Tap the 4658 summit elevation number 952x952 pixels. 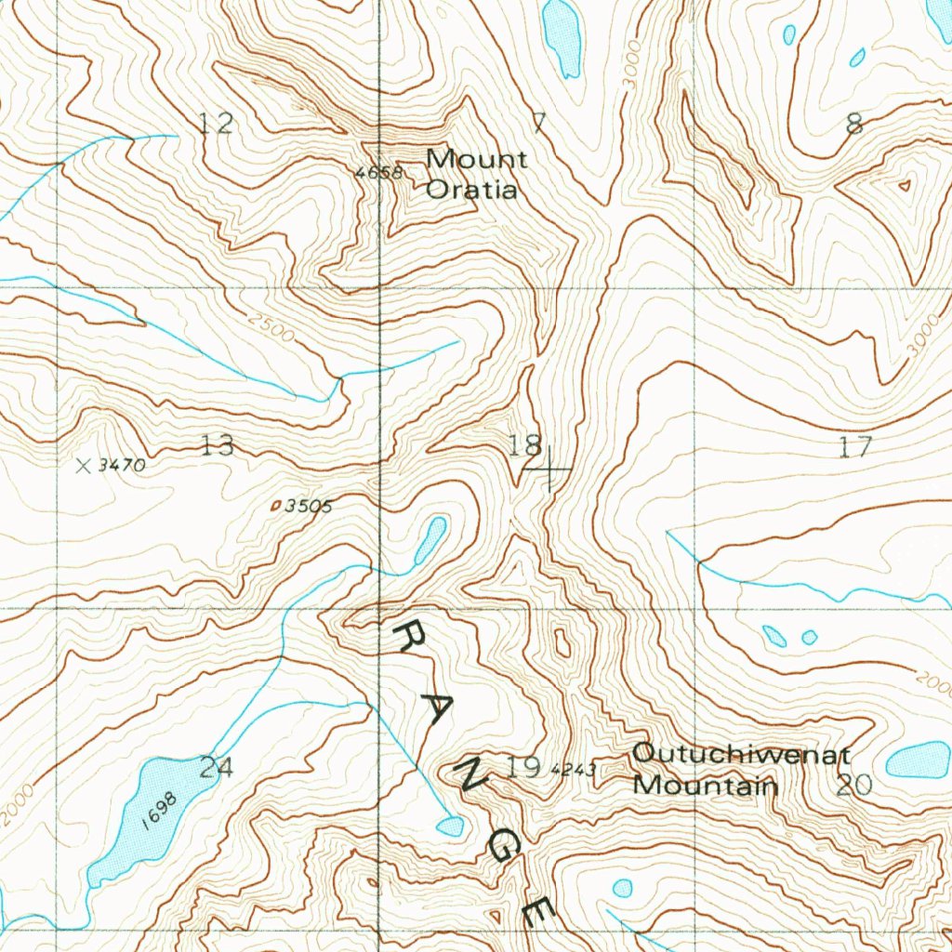coord(377,173)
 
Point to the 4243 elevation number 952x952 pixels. coord(573,770)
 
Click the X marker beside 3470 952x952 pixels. coord(84,466)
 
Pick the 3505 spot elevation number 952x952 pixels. coord(308,506)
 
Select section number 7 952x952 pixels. coord(538,122)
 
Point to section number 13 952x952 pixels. coord(218,446)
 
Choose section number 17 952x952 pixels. coord(854,447)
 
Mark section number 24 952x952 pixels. coord(216,767)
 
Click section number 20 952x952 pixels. coord(854,786)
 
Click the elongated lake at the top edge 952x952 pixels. coord(562,36)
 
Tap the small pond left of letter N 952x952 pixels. coord(450,826)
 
